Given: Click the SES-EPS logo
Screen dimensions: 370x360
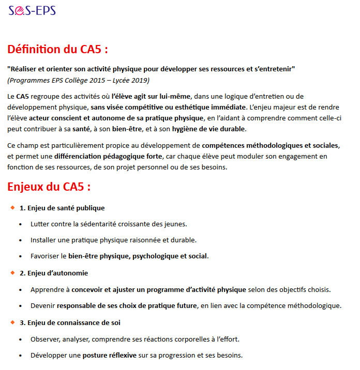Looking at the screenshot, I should click(32, 10).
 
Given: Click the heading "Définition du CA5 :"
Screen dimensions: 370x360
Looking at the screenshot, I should click(58, 50).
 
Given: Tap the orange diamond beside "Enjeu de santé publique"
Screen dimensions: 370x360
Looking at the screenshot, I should click(12, 208).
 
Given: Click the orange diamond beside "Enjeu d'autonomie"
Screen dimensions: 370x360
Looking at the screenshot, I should click(12, 273).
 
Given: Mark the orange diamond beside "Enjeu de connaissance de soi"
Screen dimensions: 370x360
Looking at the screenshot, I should click(12, 322).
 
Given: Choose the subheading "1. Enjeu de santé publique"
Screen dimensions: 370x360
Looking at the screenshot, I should click(62, 208).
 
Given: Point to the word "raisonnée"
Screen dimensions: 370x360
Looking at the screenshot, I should click(136, 240).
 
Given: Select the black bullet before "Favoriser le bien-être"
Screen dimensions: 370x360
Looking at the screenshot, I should click(21, 256).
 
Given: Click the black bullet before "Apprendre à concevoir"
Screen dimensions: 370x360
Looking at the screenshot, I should click(21, 290).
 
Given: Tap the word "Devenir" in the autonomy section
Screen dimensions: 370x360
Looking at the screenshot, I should click(42, 306).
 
